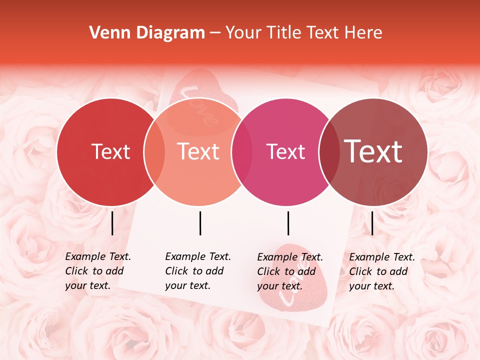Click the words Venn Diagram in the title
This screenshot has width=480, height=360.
click(x=147, y=33)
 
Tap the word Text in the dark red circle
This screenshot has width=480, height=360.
click(x=110, y=151)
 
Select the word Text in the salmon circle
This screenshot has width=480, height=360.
click(x=198, y=151)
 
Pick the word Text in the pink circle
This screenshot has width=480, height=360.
click(x=286, y=151)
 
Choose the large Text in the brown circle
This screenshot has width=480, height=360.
click(x=373, y=151)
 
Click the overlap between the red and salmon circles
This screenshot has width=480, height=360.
click(x=154, y=152)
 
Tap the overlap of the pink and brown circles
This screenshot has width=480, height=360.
click(x=329, y=152)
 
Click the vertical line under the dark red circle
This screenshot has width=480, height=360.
click(x=112, y=223)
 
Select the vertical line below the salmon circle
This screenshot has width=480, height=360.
click(x=200, y=223)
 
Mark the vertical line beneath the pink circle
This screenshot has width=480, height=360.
click(x=288, y=223)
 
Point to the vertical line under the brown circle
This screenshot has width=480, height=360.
click(x=372, y=223)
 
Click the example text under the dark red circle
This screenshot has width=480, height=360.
click(x=97, y=271)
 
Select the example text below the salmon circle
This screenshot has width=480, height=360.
click(x=197, y=271)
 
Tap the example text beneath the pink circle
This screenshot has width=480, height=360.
click(x=289, y=271)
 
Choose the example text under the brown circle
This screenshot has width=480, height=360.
click(x=381, y=271)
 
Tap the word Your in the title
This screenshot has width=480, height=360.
click(x=243, y=33)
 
